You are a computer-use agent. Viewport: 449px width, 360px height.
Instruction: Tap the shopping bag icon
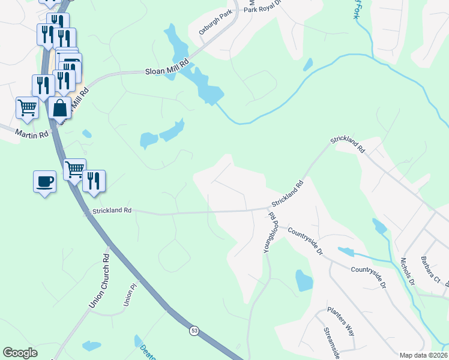coord(59,109)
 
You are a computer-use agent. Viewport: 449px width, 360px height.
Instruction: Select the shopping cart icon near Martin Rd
coord(27,108)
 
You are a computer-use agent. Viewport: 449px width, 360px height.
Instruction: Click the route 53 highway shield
coord(193,330)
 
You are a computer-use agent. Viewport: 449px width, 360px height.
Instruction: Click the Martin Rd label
coord(31,134)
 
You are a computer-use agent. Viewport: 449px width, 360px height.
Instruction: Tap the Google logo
coord(20,353)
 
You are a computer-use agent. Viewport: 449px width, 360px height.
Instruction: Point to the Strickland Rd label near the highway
coord(111,211)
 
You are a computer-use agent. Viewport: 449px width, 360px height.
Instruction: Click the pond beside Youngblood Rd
coord(304,280)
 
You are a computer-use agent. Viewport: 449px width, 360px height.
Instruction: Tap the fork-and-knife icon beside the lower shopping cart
coord(94,181)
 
